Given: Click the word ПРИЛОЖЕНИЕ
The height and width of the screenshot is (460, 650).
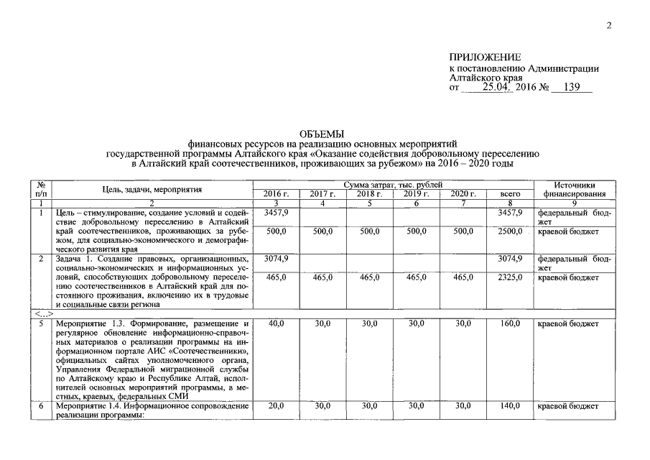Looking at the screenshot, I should coord(485,57).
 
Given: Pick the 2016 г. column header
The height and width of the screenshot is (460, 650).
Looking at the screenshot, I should coord(276,194).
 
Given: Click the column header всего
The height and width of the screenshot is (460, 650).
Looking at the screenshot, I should coord(509,194).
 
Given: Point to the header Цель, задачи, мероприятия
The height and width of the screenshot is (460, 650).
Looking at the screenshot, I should coord(151,190).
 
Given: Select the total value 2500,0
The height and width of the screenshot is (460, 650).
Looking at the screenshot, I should coord(509,231).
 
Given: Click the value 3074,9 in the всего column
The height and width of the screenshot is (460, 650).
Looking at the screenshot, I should coord(509,258).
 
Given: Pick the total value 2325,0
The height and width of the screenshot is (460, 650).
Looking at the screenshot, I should coord(509,276).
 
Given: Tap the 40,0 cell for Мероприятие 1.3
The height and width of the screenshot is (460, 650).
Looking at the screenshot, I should coord(276,324).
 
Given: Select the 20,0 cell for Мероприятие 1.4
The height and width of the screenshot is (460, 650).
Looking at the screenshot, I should coord(276,406).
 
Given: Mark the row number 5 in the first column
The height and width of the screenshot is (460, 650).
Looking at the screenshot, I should coord(42,324).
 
